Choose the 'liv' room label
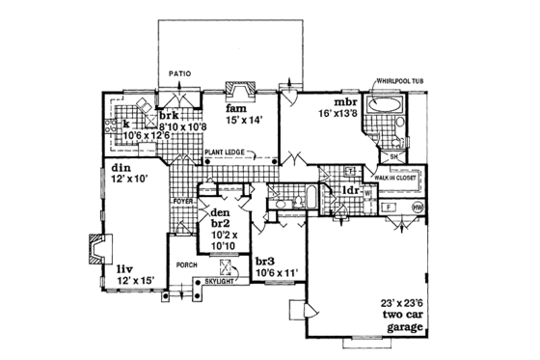[x=126, y=269]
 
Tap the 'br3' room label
[x=266, y=260]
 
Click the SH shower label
[x=393, y=156]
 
